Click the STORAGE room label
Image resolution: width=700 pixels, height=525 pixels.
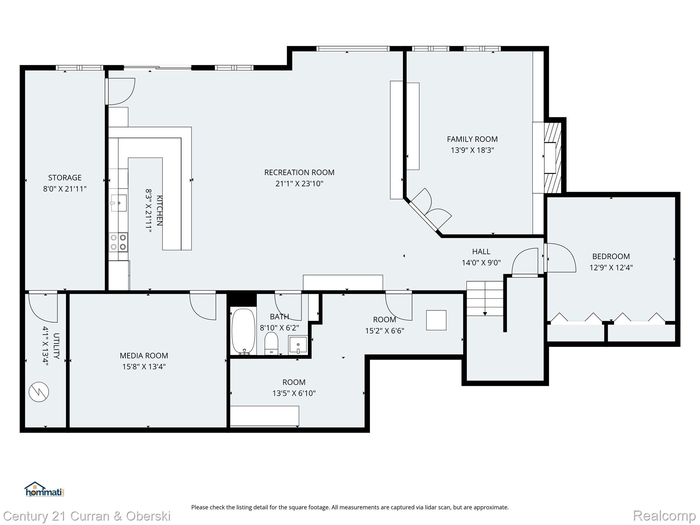(x=65, y=178)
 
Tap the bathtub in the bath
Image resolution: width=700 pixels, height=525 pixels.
(x=243, y=332)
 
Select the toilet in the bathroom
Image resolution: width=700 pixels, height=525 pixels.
(x=271, y=343)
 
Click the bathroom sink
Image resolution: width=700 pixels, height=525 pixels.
(x=298, y=345)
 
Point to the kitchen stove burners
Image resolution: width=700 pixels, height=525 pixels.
(x=118, y=242)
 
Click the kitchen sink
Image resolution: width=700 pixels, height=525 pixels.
(x=119, y=203)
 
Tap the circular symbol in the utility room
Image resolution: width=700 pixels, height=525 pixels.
(x=39, y=392)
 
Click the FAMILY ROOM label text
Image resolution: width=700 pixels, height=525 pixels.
(x=472, y=139)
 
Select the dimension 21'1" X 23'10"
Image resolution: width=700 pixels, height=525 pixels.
(x=299, y=184)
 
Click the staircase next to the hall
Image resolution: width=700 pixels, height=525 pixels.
(x=485, y=298)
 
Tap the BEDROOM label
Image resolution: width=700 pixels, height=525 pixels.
(x=611, y=256)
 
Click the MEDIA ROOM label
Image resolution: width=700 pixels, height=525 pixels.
(x=144, y=356)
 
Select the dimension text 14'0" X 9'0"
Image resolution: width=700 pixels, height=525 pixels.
(x=481, y=263)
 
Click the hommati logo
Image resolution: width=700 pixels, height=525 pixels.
(x=44, y=489)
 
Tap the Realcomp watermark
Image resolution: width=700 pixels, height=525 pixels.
(x=664, y=516)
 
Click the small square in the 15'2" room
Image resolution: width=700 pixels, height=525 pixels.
(x=436, y=320)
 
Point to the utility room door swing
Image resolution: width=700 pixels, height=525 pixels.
(x=43, y=306)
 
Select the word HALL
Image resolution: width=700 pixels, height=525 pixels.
(x=481, y=252)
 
